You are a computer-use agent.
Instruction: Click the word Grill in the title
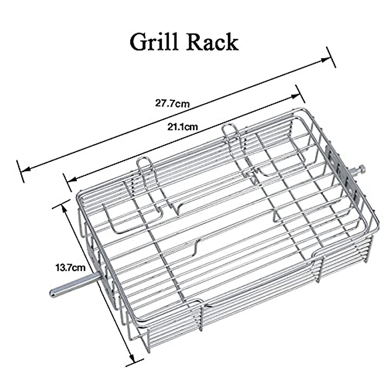154,42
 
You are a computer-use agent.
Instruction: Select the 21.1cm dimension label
182,126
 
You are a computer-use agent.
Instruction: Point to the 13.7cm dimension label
71,267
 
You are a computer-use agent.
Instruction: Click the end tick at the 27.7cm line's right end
331,57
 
